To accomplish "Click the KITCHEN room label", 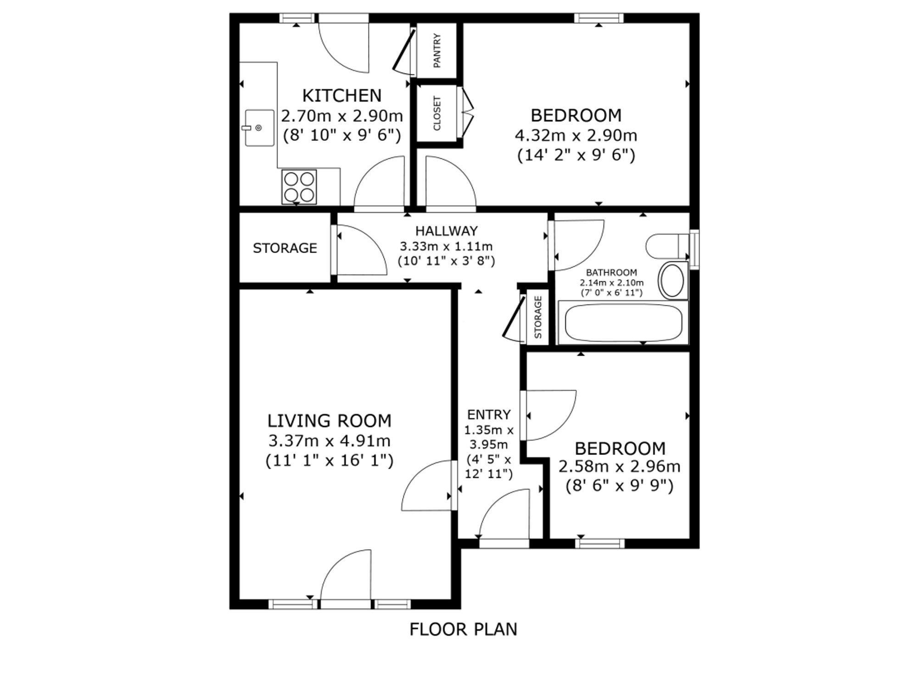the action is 342,95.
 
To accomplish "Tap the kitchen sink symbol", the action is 259,128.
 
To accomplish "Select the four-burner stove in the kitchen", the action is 299,187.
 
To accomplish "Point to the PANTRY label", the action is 437,50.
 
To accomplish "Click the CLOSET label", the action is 437,113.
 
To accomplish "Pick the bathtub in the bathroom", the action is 623,323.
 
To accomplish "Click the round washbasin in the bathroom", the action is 672,280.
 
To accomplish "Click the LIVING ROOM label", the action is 329,420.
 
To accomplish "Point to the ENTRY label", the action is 489,415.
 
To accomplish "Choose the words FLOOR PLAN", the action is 463,629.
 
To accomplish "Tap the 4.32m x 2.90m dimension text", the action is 576,135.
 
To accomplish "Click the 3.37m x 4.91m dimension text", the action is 329,441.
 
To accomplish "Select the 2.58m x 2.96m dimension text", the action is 619,466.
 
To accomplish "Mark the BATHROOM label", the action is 611,272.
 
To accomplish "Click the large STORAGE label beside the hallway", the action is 285,248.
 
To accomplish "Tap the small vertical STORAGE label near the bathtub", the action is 538,317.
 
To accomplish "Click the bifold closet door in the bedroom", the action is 467,112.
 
